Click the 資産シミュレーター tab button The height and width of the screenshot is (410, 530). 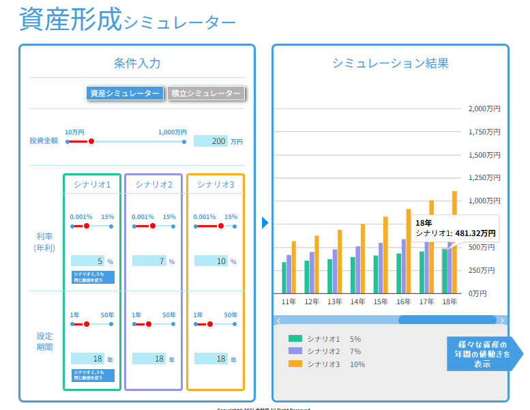[x=125, y=93]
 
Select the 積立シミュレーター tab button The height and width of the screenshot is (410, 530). [x=205, y=93]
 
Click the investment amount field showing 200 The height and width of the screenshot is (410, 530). [x=211, y=141]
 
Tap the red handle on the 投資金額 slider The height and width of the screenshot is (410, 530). [x=91, y=141]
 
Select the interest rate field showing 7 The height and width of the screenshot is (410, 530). [x=149, y=261]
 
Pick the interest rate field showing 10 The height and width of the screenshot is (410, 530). [x=211, y=261]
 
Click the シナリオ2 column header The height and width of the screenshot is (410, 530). [x=153, y=184]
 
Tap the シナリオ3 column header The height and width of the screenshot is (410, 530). [x=216, y=184]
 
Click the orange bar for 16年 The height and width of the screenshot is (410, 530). [x=409, y=250]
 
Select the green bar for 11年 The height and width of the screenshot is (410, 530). [x=284, y=277]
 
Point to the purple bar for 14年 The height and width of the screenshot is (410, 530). [x=357, y=269]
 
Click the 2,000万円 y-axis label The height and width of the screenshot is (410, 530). [x=485, y=109]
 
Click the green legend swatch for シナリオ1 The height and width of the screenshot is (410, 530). [x=295, y=338]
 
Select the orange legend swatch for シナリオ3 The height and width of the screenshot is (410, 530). [x=295, y=364]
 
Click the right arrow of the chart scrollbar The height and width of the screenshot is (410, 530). [x=503, y=320]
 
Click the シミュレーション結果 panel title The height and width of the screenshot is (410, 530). [x=390, y=63]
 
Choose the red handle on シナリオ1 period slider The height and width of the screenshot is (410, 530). [x=86, y=324]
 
